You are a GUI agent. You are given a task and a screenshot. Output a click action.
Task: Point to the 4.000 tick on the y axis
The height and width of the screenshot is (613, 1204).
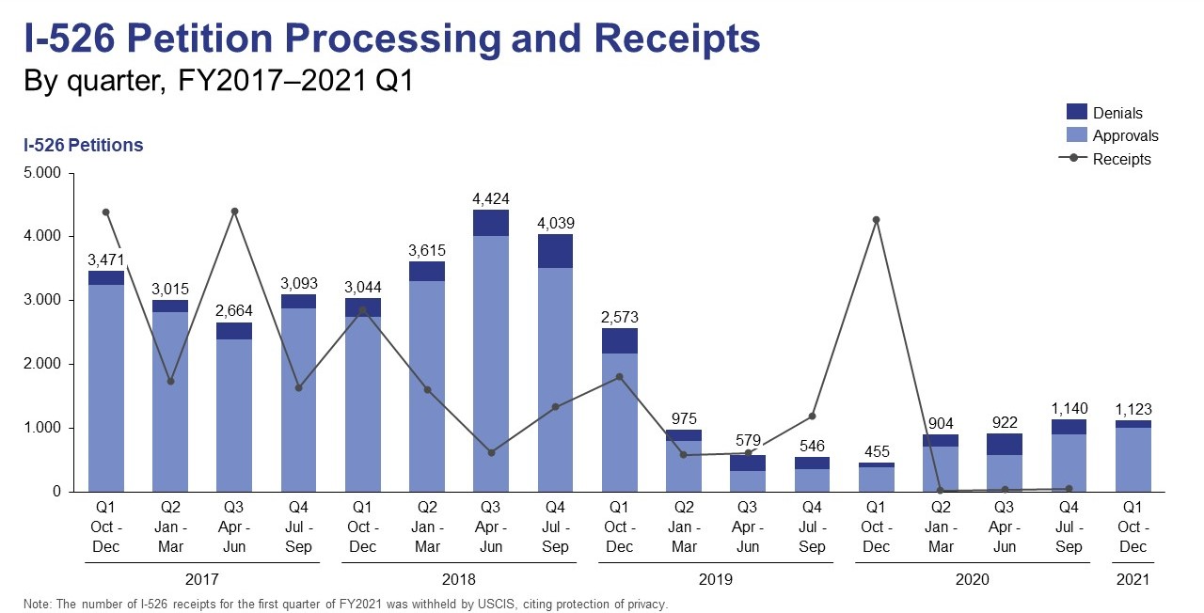41,237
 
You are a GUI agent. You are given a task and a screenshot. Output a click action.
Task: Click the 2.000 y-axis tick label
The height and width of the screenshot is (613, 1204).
41,364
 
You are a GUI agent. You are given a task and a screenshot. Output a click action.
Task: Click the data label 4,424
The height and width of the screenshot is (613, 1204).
490,198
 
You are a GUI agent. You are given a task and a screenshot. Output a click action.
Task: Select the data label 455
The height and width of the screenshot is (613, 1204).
876,451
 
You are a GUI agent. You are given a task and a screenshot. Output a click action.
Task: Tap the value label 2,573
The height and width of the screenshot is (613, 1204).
619,317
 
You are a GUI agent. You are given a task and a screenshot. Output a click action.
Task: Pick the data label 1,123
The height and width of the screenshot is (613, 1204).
1133,409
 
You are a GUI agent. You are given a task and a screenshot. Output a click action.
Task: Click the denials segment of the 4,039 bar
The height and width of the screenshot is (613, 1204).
554,251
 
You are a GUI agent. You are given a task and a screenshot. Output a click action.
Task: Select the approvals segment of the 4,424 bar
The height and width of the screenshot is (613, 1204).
490,363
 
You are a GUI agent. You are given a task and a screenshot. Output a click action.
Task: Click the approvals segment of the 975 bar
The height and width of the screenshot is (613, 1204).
683,465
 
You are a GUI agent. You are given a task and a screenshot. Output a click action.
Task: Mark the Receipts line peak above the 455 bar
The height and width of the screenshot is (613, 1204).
876,220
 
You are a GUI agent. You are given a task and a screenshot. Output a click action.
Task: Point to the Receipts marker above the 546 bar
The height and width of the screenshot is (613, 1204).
812,417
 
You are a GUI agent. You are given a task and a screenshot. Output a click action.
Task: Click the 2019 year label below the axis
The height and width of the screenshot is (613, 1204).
715,580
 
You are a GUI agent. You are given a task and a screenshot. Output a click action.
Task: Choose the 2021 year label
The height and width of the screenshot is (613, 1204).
1133,580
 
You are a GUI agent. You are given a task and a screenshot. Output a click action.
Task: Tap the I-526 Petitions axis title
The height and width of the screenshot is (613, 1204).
83,146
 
